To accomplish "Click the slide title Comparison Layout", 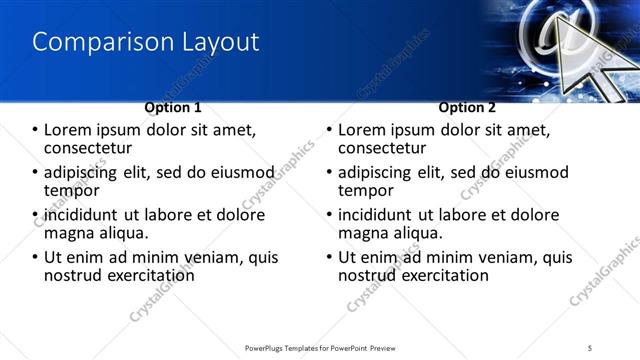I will click(146, 42).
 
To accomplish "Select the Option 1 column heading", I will click(173, 107).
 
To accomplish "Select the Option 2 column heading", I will click(467, 107).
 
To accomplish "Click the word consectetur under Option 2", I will click(381, 147).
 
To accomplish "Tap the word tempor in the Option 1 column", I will click(71, 190).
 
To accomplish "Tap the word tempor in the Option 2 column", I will click(366, 190).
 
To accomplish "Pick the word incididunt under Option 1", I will click(82, 215).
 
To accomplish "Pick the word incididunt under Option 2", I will click(377, 215).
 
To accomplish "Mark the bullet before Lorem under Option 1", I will click(36, 130).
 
